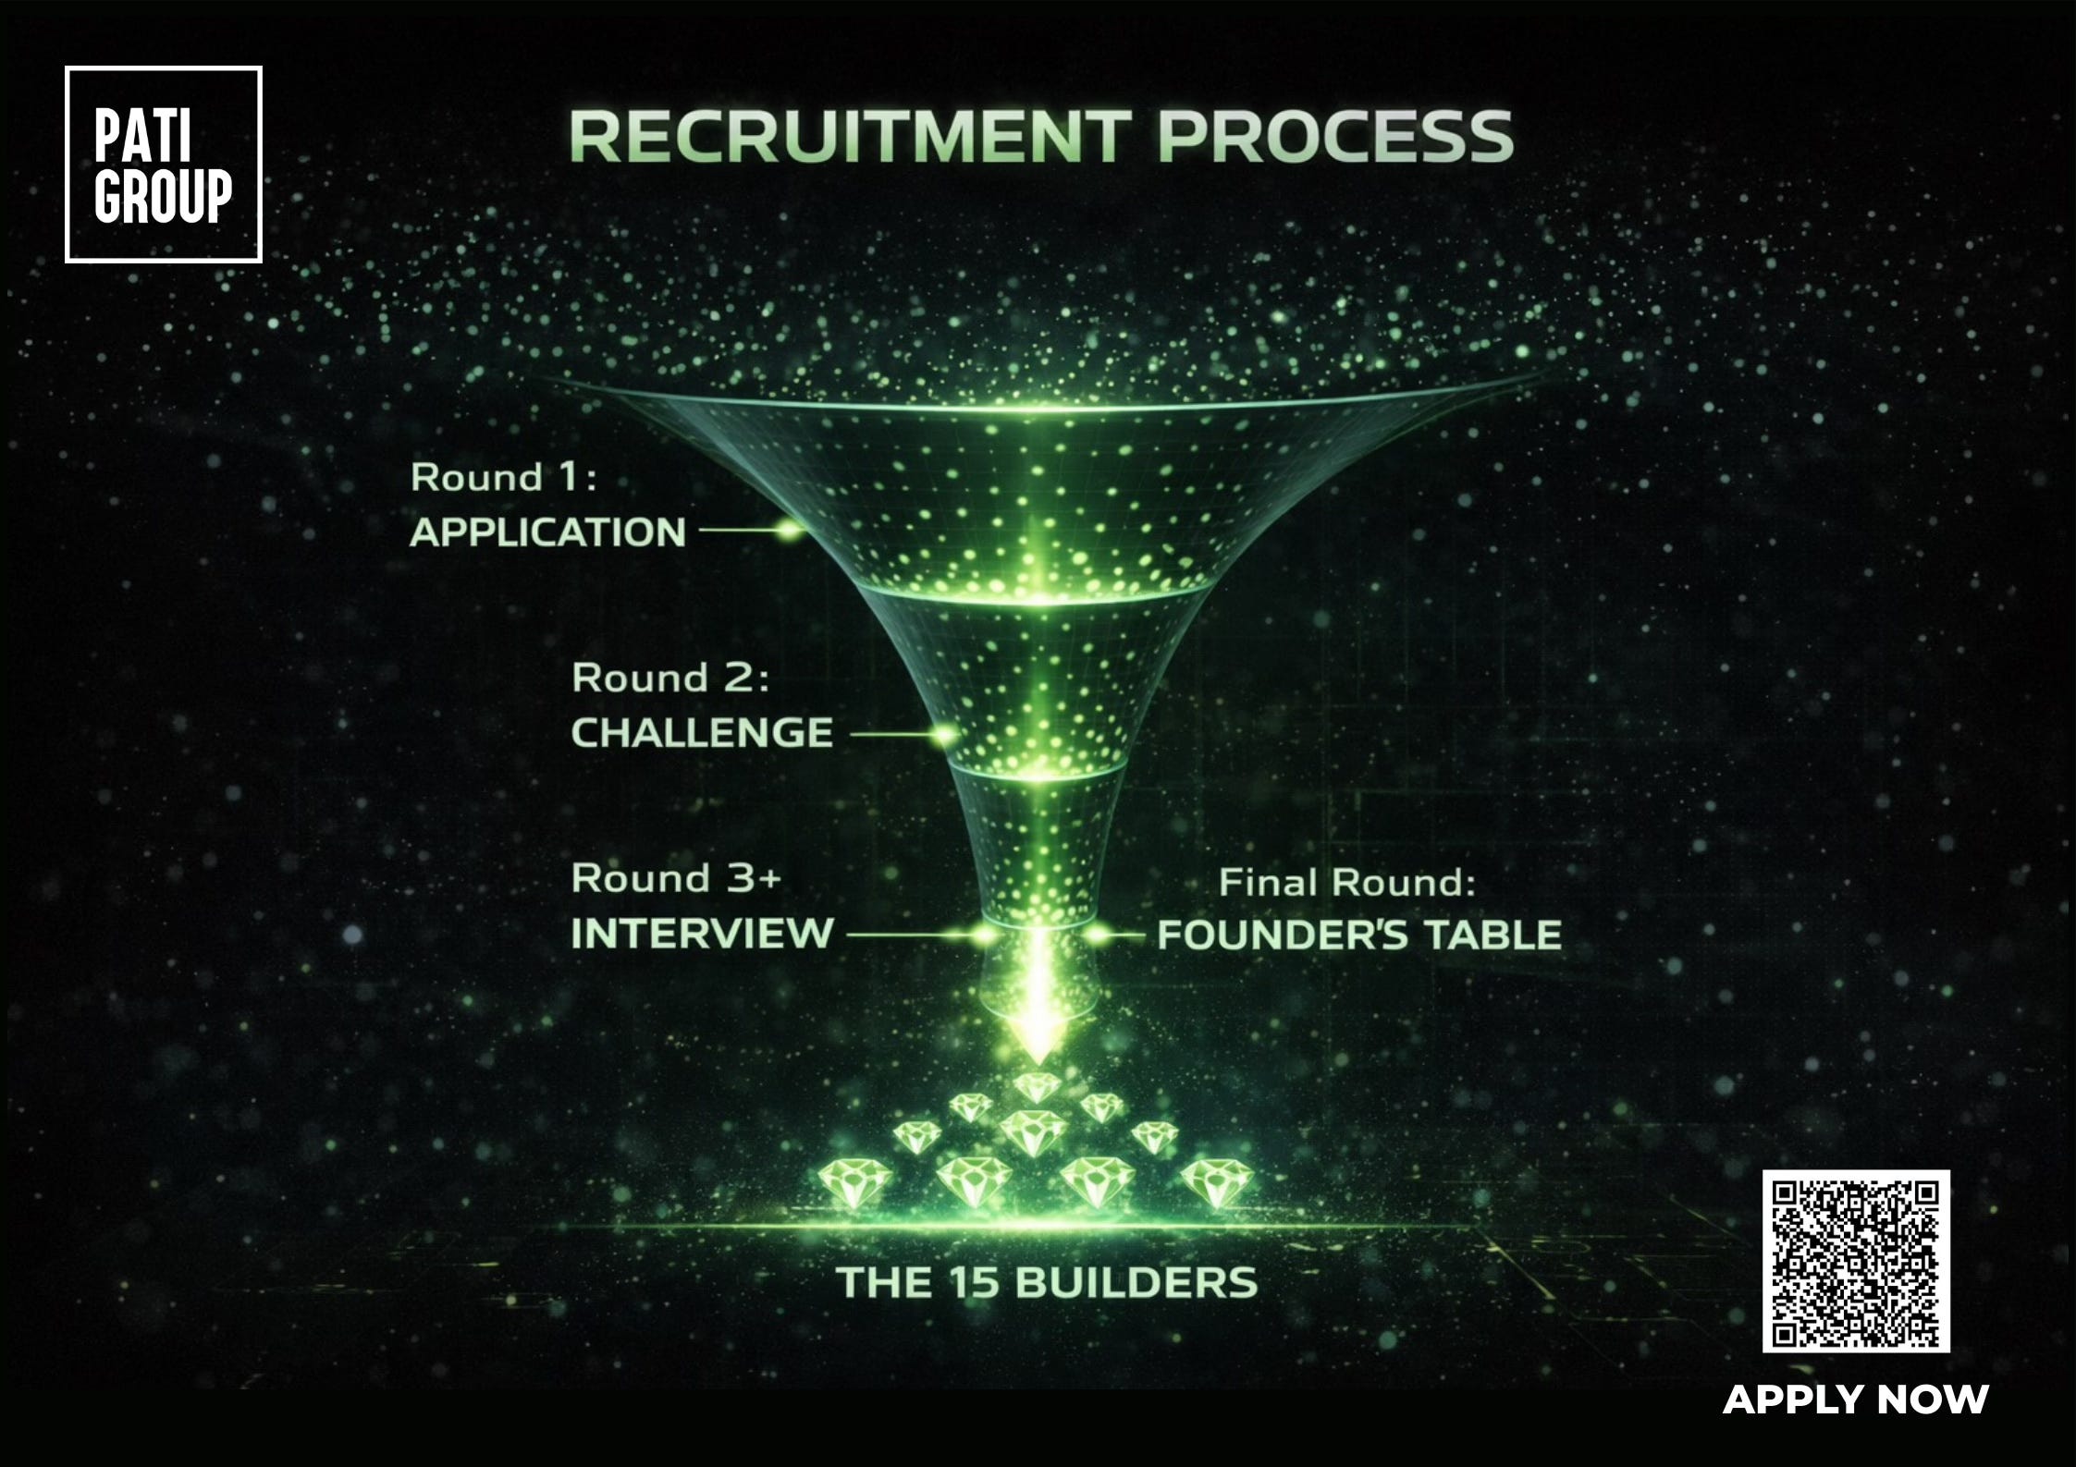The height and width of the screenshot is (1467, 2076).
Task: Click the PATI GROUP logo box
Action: tap(164, 165)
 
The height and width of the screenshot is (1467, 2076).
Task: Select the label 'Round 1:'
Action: tap(503, 478)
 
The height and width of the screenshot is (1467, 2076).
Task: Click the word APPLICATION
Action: tap(547, 532)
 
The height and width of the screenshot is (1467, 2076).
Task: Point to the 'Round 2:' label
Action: tap(669, 678)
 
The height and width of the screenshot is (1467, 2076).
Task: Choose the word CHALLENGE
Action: tap(702, 733)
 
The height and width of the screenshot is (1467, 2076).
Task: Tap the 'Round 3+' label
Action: tap(676, 878)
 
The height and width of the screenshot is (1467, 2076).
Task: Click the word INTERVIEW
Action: tap(702, 934)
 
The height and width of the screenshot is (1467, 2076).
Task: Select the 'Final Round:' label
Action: tap(1346, 883)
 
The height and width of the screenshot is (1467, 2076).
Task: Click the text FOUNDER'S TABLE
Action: tap(1359, 935)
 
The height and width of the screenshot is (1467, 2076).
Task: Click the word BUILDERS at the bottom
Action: tap(1136, 1282)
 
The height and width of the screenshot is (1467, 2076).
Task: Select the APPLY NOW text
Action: tap(1855, 1399)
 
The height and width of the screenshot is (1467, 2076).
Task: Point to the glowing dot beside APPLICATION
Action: tap(789, 531)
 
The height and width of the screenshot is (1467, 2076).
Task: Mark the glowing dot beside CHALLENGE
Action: tap(944, 735)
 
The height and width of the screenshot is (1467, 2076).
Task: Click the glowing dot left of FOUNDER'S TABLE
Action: tap(1096, 935)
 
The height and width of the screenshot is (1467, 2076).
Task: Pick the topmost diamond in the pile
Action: tap(1037, 1086)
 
